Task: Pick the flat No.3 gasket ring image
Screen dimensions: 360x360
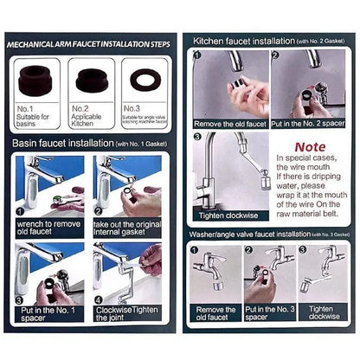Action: [x=143, y=80]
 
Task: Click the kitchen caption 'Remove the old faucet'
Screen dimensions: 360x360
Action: [x=228, y=123]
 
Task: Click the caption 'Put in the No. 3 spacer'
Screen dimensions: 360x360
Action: [x=268, y=313]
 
